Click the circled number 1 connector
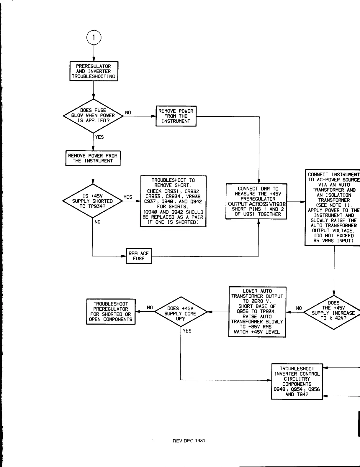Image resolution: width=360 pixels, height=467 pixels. pos(94,38)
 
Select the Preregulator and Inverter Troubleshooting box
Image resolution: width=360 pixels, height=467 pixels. pos(94,71)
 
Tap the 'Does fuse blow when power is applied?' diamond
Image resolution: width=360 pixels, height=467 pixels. pos(93,116)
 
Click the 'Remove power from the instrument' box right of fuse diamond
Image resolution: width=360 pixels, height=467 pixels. pos(176,116)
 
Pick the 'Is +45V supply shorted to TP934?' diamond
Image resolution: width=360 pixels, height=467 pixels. pos(93,201)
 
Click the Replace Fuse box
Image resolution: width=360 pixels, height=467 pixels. pos(139,256)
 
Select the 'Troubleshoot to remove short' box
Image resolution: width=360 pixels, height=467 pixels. pos(173,201)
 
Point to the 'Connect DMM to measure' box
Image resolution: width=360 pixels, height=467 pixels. pos(256,201)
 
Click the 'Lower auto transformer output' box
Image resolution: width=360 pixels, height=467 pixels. pos(257,312)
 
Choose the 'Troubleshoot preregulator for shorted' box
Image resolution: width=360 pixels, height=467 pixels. pos(111,312)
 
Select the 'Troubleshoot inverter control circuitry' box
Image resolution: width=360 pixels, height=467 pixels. pos(297,382)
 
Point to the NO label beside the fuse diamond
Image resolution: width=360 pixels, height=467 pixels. pos(128,113)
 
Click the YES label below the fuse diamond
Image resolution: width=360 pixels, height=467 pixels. pos(99,137)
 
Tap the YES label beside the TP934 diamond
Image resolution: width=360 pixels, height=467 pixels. pos(128,197)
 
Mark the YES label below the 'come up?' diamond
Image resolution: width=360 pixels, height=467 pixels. pos(187,331)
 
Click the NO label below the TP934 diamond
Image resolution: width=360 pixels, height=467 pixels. pos(97,222)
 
